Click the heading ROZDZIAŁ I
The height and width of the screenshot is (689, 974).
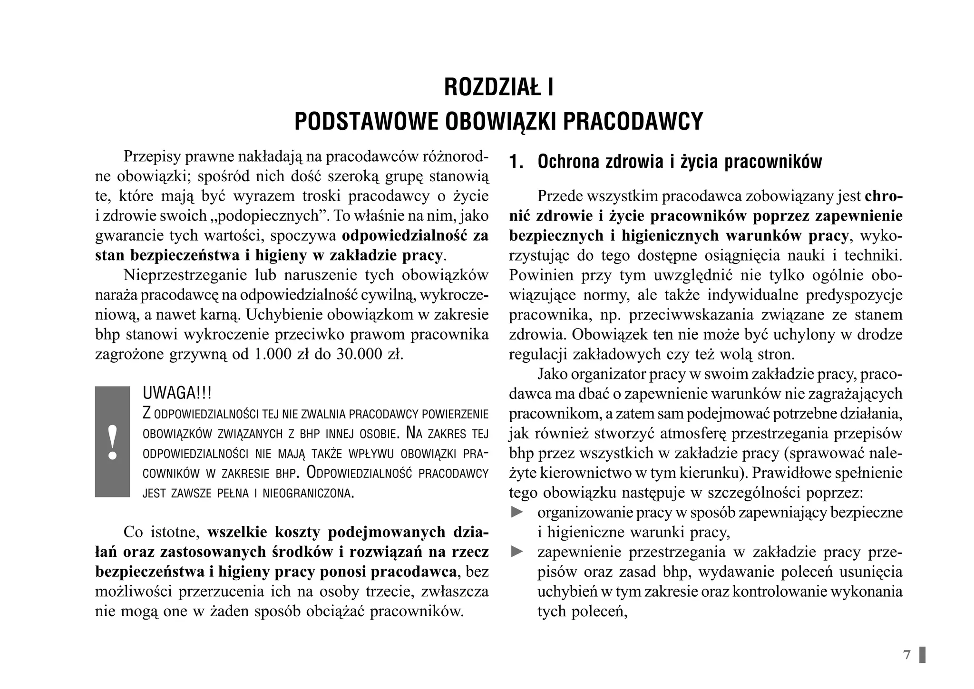[498, 87]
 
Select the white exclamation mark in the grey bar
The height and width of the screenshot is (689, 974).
[113, 442]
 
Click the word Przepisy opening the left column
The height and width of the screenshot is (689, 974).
[151, 156]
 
